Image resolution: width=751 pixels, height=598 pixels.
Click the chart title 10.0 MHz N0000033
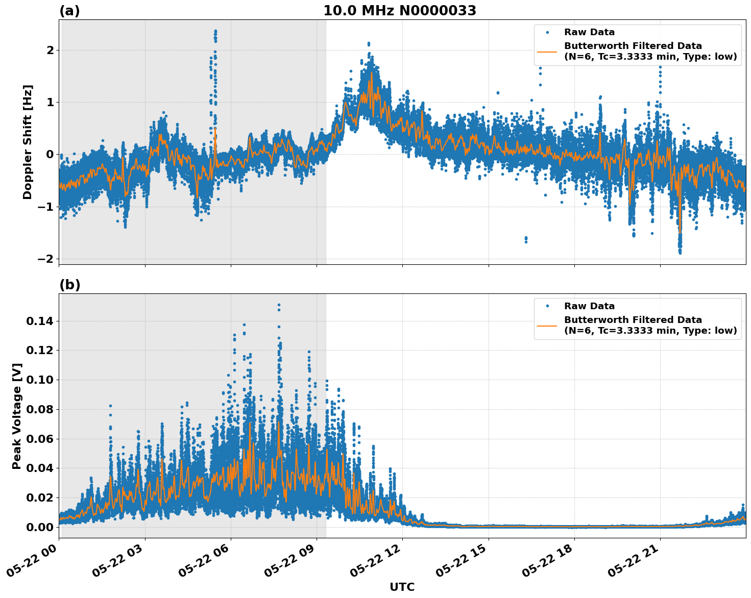tap(399, 11)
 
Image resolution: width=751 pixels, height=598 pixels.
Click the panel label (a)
tap(69, 11)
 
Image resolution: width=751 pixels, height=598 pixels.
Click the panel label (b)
tap(69, 285)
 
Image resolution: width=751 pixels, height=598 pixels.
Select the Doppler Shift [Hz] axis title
tap(28, 142)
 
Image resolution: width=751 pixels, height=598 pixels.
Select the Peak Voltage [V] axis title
tap(17, 416)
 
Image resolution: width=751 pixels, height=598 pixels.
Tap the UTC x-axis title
tap(402, 587)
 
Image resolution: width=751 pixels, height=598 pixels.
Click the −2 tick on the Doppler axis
tap(45, 259)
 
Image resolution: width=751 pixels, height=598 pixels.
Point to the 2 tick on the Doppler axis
tap(50, 50)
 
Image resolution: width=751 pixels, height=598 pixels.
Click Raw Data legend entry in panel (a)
tap(589, 32)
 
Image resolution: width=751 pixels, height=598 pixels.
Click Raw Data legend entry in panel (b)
tap(589, 306)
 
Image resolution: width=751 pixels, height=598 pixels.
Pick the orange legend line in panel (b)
tap(547, 326)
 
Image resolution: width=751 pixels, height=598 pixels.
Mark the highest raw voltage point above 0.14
tap(279, 305)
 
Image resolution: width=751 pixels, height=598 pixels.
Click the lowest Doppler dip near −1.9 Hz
tap(680, 252)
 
